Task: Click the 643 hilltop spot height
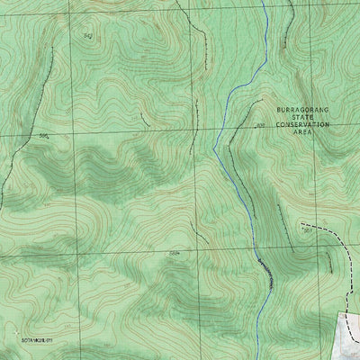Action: point(87,35)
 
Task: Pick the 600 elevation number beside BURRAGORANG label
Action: point(259,126)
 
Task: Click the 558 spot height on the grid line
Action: point(174,254)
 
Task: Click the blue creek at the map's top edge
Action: point(262,2)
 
